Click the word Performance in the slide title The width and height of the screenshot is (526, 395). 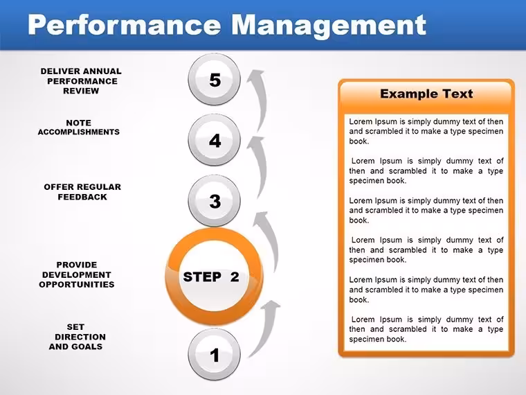(x=125, y=25)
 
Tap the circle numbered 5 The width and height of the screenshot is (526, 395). (x=214, y=80)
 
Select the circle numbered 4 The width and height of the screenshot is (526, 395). (x=214, y=140)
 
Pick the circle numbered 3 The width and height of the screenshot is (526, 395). (x=214, y=201)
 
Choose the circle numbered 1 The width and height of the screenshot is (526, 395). (x=214, y=354)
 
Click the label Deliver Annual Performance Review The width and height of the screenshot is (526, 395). (x=81, y=81)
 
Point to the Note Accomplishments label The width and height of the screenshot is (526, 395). (x=78, y=128)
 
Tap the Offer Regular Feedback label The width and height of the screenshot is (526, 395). (x=82, y=192)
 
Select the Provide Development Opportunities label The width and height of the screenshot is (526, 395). (x=77, y=274)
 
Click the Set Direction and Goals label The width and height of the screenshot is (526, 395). (x=77, y=337)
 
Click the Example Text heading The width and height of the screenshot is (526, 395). (x=426, y=94)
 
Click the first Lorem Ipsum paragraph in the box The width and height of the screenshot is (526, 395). (x=426, y=132)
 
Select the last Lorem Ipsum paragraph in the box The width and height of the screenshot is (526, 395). (x=426, y=329)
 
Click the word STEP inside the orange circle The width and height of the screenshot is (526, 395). (x=202, y=277)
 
